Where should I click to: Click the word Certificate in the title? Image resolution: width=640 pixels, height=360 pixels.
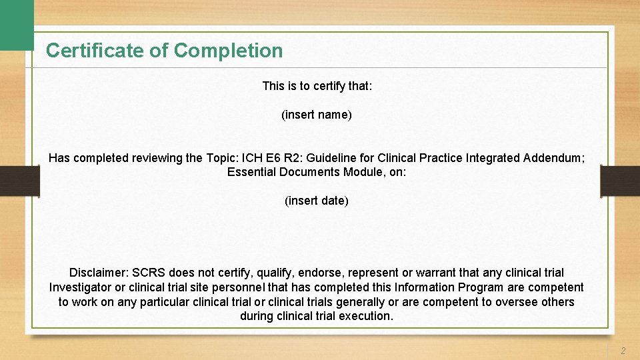[87, 51]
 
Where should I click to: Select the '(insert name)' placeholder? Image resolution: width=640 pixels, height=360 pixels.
[317, 115]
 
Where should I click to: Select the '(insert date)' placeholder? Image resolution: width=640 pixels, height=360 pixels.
[317, 201]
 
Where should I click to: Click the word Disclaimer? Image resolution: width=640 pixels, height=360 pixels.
[99, 273]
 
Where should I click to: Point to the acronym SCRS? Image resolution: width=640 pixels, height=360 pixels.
[149, 273]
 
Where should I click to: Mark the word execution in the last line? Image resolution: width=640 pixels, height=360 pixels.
[367, 316]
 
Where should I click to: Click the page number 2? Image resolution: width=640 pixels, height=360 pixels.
[623, 351]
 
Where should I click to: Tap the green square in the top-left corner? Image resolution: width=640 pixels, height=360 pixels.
[16, 24]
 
